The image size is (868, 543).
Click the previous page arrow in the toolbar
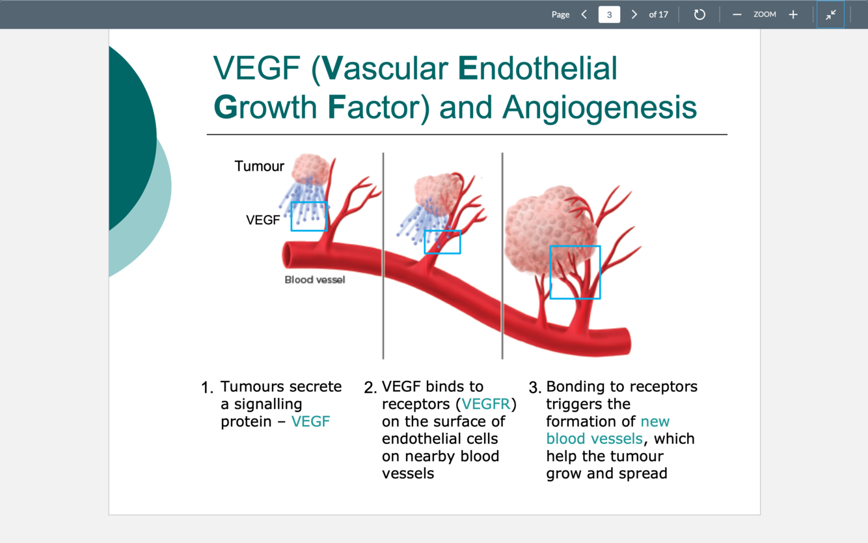584,14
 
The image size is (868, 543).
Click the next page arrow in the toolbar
634,14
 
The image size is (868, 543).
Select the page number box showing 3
609,14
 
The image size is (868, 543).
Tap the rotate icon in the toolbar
699,14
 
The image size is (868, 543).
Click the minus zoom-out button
737,14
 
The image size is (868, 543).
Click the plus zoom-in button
793,14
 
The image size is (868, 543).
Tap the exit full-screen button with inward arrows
831,14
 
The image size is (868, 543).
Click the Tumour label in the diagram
259,166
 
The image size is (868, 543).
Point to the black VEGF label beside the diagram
263,220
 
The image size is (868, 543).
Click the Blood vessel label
315,280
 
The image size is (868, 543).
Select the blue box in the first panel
309,216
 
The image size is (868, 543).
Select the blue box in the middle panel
442,242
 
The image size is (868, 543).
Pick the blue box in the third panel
575,272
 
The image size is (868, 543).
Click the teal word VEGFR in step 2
485,404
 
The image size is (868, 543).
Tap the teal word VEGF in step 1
310,422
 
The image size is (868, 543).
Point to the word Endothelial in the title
537,68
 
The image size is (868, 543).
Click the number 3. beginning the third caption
535,389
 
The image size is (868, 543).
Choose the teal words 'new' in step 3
655,422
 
